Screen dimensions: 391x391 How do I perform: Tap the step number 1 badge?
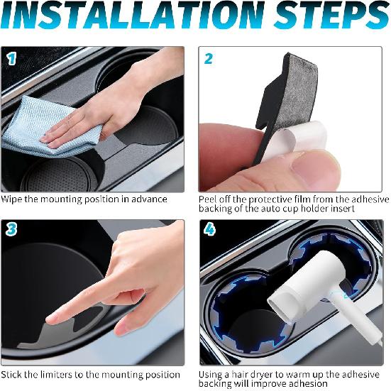tap(12, 60)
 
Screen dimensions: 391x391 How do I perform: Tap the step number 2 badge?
tap(209, 60)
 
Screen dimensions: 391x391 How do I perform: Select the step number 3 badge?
tap(12, 230)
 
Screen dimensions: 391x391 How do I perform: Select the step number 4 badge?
tap(209, 230)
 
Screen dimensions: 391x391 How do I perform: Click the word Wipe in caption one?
tap(13, 199)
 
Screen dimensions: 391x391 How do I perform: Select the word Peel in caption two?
tap(210, 199)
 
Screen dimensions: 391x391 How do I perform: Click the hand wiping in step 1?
tap(106, 114)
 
